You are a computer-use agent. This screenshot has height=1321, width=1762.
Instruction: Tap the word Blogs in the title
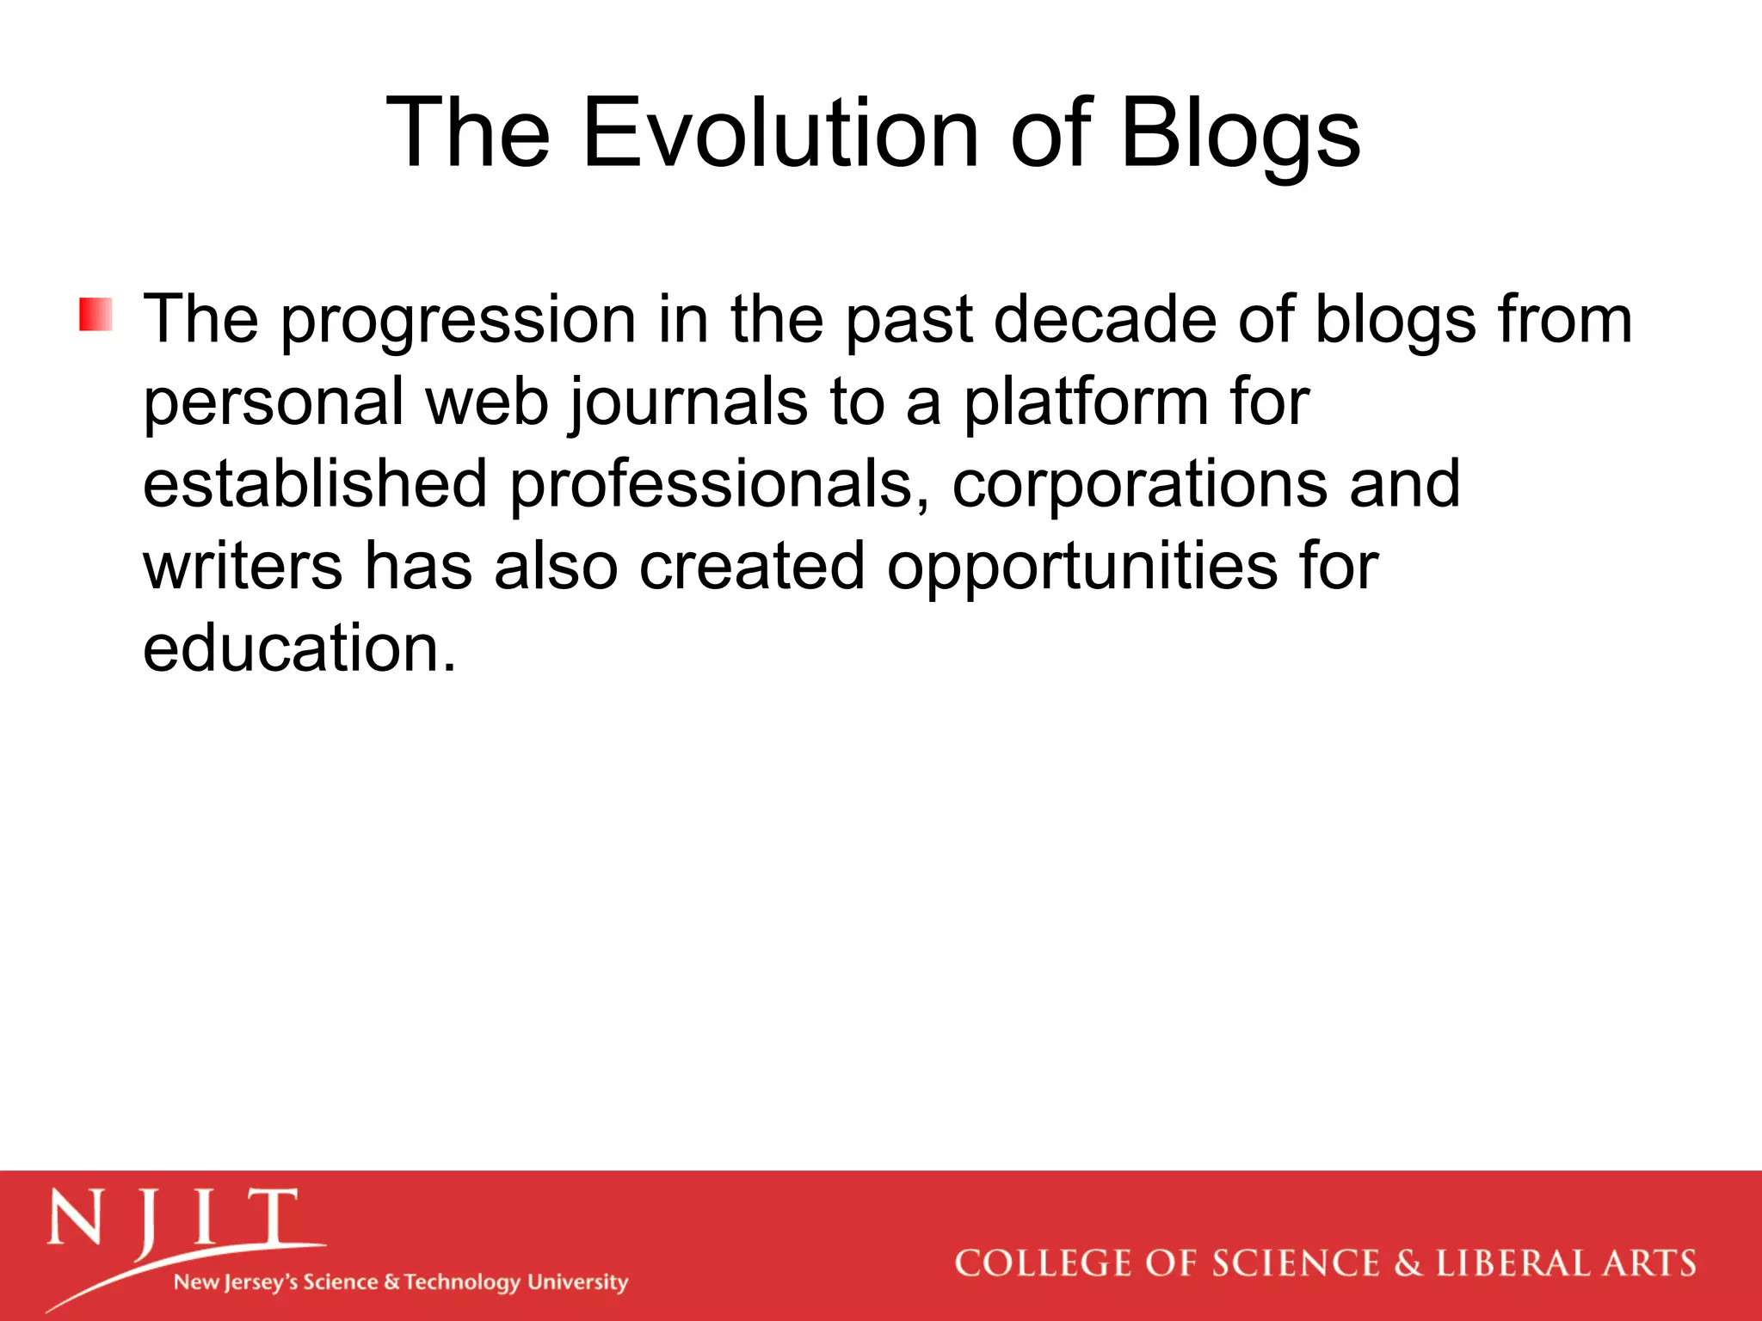[1240, 133]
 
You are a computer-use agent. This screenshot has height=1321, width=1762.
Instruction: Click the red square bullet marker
[95, 315]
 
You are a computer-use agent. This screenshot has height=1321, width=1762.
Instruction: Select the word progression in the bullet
[459, 320]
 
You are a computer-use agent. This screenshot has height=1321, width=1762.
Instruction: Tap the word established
[314, 483]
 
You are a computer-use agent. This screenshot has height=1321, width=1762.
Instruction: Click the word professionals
[719, 485]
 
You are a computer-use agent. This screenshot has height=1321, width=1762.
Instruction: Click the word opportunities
[1082, 568]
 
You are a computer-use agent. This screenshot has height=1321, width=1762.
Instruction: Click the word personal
[273, 402]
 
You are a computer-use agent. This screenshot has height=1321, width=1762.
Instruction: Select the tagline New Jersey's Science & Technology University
[401, 1281]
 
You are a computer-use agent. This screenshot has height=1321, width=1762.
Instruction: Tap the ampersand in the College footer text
[1408, 1263]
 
